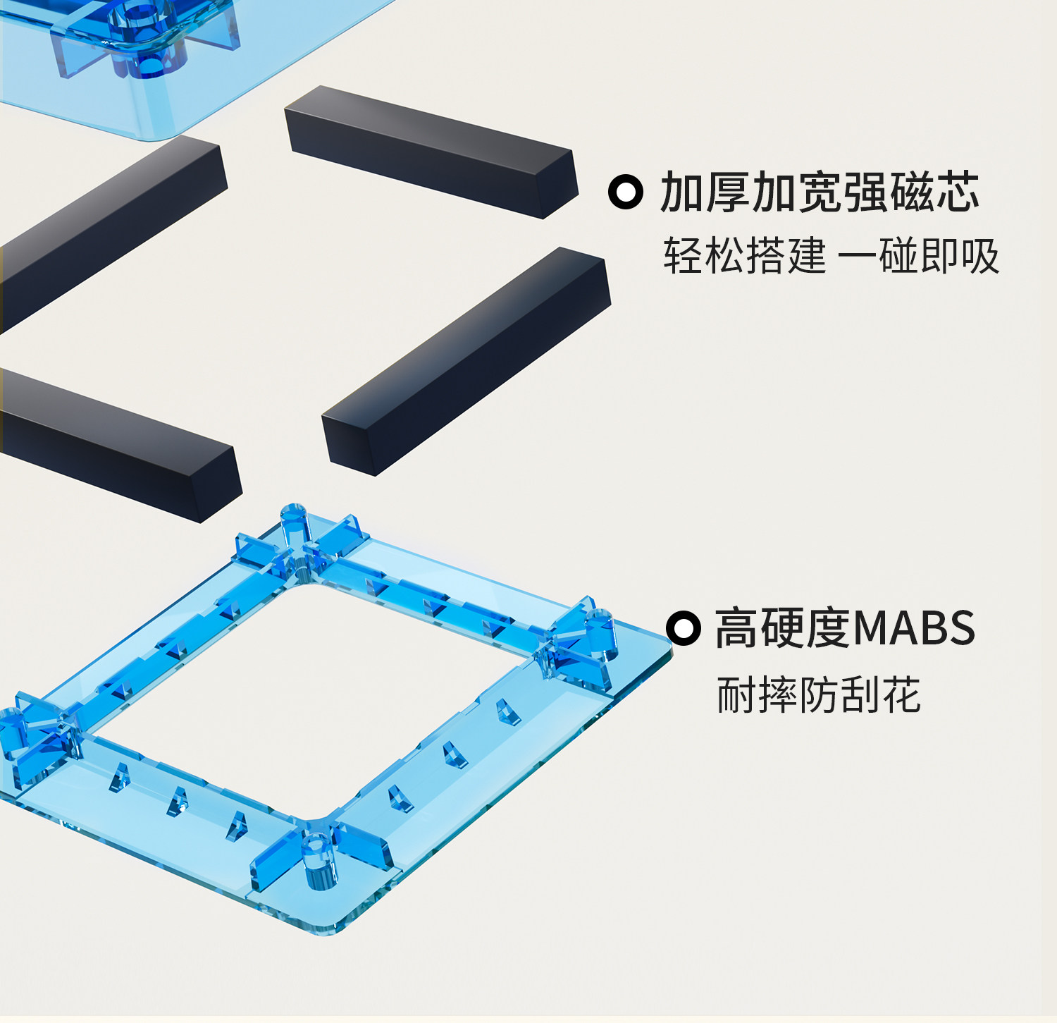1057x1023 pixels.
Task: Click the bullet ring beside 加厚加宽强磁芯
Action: pos(625,192)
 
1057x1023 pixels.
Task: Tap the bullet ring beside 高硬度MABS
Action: pos(683,627)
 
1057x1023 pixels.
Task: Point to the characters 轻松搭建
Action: pos(743,255)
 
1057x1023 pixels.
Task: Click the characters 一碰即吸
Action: pos(918,255)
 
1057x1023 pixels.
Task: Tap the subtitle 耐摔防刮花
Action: pos(818,695)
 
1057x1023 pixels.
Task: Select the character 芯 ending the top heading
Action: pos(957,192)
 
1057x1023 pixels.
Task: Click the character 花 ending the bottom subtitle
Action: pos(902,695)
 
